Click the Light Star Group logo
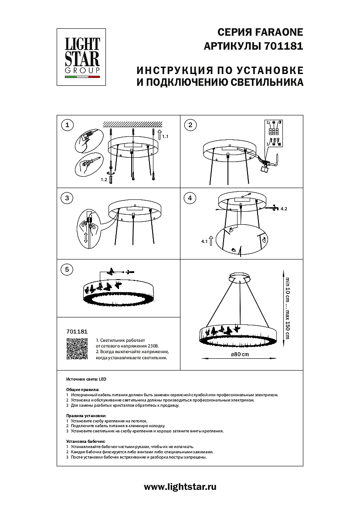(82, 54)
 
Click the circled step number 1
(66, 126)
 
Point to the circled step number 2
(190, 126)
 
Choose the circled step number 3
(66, 198)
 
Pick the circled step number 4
(190, 198)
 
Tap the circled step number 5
(66, 270)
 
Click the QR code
(75, 350)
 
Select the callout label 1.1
(165, 137)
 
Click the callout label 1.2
(104, 179)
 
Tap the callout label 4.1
(204, 241)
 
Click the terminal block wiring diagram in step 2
(273, 132)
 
